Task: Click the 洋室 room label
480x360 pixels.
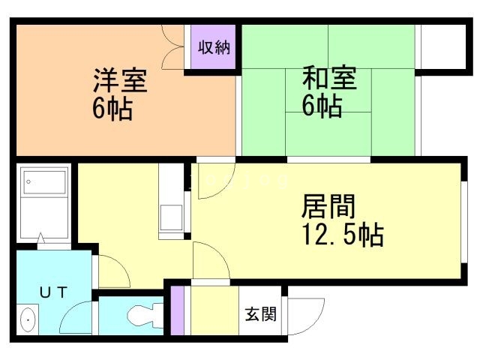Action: [x=120, y=80]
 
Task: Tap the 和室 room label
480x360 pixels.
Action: [x=329, y=77]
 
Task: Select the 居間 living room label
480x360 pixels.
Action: [x=328, y=206]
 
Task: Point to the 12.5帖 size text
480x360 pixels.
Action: [x=343, y=235]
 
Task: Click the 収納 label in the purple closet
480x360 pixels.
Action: [x=214, y=47]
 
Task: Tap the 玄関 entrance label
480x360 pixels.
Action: [x=260, y=314]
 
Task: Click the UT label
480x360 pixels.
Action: [x=53, y=292]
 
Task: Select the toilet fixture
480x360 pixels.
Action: [x=145, y=315]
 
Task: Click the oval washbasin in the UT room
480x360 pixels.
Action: [x=28, y=319]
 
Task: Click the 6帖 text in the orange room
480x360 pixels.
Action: [x=112, y=108]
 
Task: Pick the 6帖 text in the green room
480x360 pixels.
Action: [x=322, y=105]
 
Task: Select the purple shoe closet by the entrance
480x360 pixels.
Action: [x=177, y=310]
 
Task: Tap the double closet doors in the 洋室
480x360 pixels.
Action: [x=172, y=47]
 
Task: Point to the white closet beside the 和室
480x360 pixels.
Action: [x=443, y=46]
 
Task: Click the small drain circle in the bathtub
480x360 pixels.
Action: [x=28, y=181]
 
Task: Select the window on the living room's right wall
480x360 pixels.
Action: [x=464, y=222]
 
